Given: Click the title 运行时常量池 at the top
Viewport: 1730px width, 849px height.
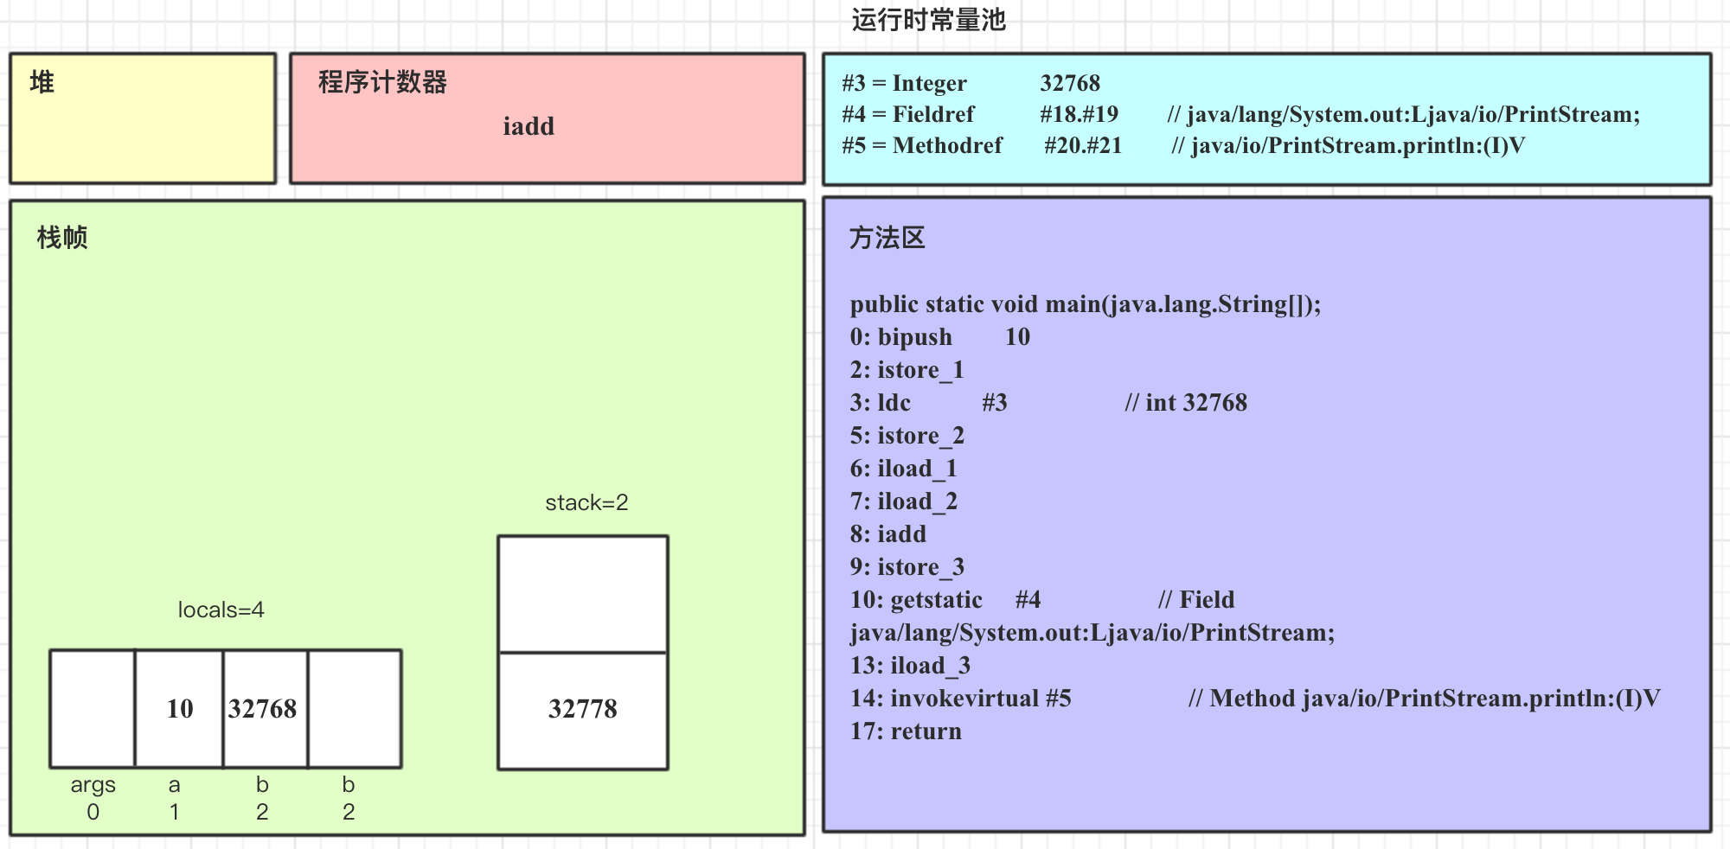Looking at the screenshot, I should coord(928,20).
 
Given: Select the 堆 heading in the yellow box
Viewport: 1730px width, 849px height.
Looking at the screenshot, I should coord(42,82).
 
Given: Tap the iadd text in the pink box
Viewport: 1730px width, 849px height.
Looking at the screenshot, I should coord(529,126).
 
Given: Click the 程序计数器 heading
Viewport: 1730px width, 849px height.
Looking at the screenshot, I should coord(382,82).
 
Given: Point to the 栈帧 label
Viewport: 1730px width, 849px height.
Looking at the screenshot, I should coord(62,238).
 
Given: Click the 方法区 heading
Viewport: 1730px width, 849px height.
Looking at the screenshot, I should coord(887,238).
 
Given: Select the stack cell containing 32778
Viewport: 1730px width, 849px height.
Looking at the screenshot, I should coord(582,710).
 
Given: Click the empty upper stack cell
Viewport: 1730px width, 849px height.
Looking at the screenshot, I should coord(582,595).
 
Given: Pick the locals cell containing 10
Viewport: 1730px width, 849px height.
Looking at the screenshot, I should coord(179,709).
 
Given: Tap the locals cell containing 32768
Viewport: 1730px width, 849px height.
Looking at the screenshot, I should coord(263,709).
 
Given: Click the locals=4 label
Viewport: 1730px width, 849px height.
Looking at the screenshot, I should coord(221,610).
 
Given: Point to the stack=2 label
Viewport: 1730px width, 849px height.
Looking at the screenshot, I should coord(586,502).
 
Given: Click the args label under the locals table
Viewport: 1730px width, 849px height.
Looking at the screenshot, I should coord(93,785).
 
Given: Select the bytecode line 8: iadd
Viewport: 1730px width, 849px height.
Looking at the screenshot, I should coord(887,534).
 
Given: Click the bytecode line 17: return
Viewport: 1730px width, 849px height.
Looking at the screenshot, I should coord(905,731).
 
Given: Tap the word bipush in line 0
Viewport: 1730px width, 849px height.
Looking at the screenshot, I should coord(914,337).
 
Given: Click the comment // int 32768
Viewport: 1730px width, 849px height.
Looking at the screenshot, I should coord(1186,403).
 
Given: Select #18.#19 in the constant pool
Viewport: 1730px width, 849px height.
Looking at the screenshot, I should coord(1079,114).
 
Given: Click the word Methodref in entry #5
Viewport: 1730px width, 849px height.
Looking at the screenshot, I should coord(947,145).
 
